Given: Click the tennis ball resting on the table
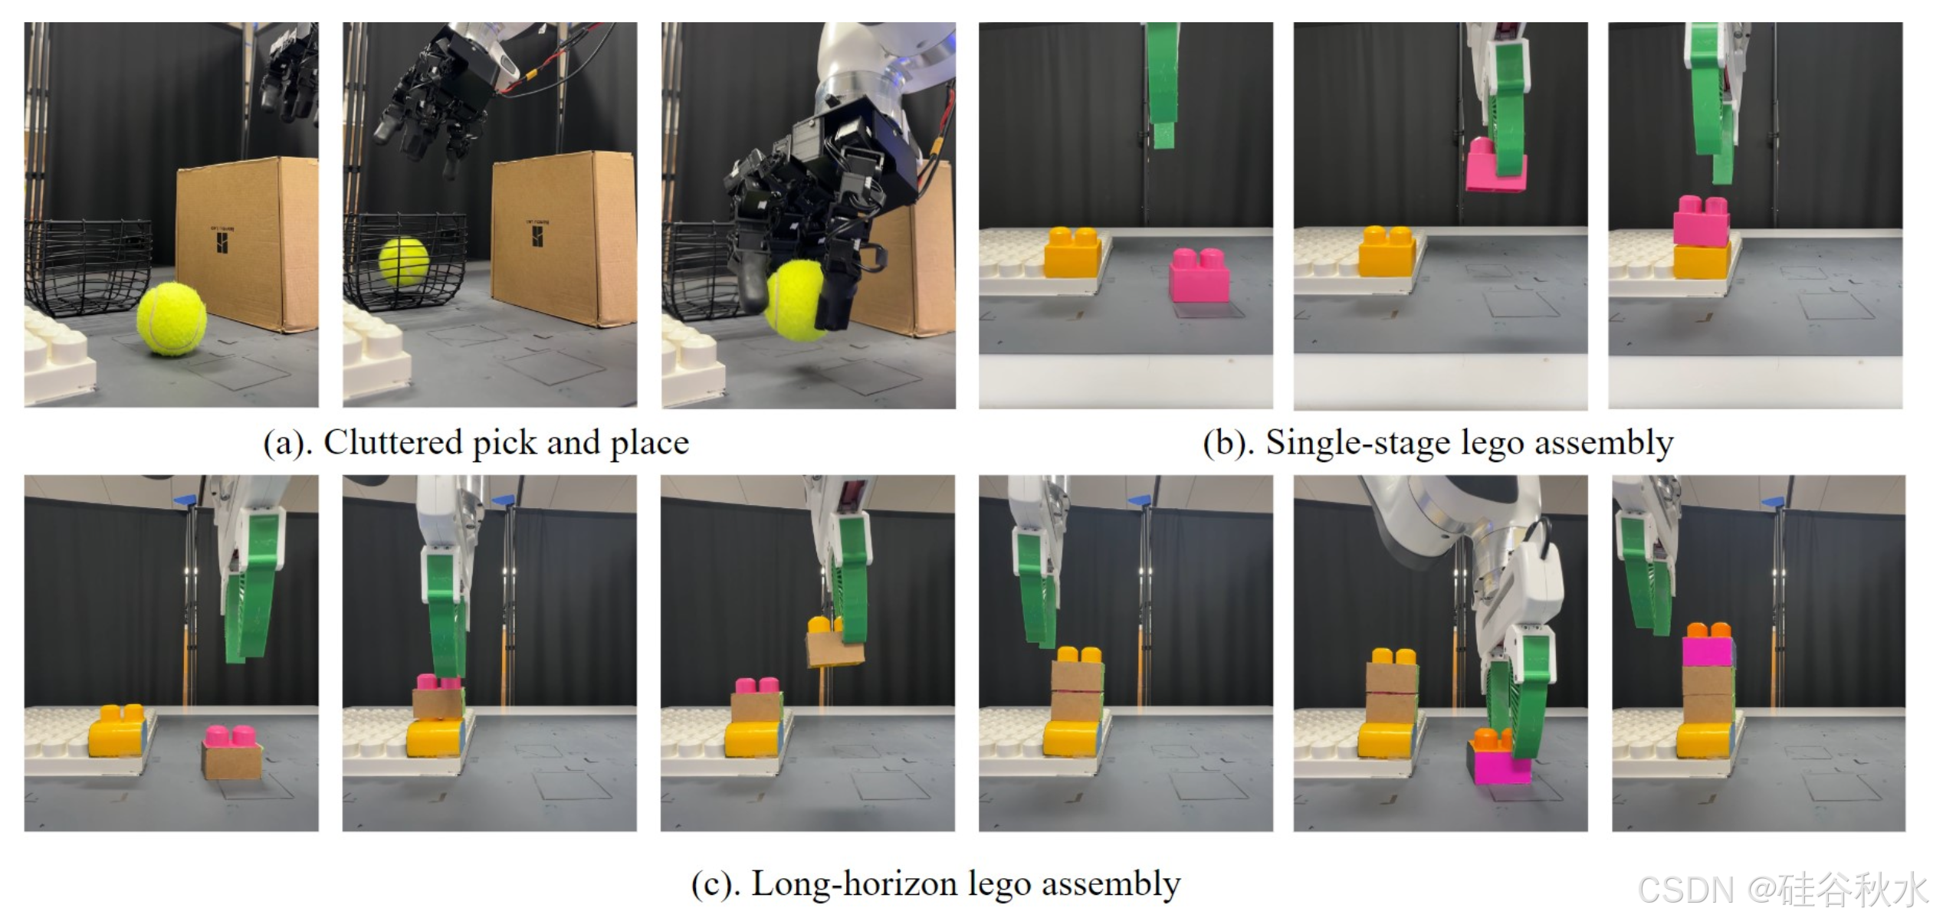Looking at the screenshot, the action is coord(172,318).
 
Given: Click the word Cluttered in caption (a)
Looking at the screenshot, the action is coord(392,443).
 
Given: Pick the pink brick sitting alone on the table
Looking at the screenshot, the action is coord(1199,275).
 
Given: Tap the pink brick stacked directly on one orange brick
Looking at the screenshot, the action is coord(1701,222).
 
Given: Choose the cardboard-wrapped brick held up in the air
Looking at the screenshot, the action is coord(834,644).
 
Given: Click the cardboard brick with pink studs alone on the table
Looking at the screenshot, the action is coord(231,755).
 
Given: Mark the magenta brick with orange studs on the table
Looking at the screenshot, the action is coord(1500,762).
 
